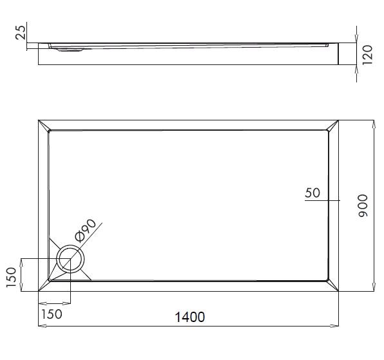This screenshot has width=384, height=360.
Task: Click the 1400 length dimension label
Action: coord(189,317)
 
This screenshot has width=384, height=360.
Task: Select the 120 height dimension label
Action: coord(368,55)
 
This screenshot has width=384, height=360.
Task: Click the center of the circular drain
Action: coord(70,260)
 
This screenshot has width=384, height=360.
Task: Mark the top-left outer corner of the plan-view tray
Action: coord(39,120)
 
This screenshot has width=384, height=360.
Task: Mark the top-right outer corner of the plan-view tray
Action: coord(340,120)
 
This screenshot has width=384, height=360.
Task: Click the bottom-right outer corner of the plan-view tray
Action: coord(340,292)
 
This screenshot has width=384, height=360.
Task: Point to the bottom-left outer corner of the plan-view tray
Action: coord(39,292)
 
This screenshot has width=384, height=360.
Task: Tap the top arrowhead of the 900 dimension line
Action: coord(374,123)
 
